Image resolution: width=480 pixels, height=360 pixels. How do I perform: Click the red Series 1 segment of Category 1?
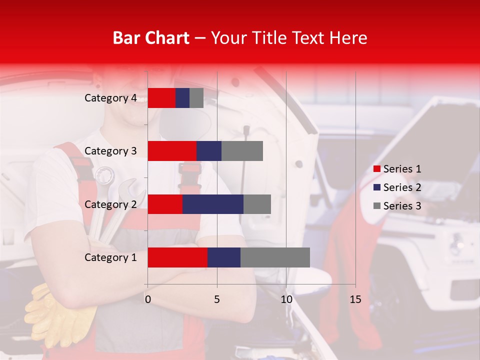pyautogui.click(x=177, y=257)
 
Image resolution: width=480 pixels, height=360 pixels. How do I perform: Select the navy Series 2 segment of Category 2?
pyautogui.click(x=213, y=204)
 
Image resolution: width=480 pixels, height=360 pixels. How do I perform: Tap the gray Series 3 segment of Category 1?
pyautogui.click(x=275, y=257)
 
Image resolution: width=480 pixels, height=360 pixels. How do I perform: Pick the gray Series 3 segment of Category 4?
pyautogui.click(x=196, y=98)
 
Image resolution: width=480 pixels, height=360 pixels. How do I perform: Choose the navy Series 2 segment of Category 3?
pyautogui.click(x=209, y=151)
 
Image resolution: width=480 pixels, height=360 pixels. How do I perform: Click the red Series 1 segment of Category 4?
pyautogui.click(x=161, y=98)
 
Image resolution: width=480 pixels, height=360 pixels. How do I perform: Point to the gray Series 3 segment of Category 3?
pyautogui.click(x=242, y=151)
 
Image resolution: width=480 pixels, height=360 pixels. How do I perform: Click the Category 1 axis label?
pyautogui.click(x=110, y=257)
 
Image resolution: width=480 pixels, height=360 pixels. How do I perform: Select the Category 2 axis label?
pyautogui.click(x=110, y=204)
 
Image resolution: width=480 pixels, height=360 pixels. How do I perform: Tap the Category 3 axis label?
pyautogui.click(x=110, y=151)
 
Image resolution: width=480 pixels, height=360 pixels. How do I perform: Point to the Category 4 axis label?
pyautogui.click(x=110, y=98)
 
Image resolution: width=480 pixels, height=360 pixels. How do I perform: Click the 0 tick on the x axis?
pyautogui.click(x=147, y=299)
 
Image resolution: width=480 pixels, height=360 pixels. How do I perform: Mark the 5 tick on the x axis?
pyautogui.click(x=217, y=299)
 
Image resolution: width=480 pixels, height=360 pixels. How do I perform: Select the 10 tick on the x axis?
pyautogui.click(x=286, y=299)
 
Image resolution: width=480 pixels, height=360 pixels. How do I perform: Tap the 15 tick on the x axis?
pyautogui.click(x=355, y=299)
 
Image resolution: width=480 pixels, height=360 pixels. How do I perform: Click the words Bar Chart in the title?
pyautogui.click(x=150, y=38)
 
